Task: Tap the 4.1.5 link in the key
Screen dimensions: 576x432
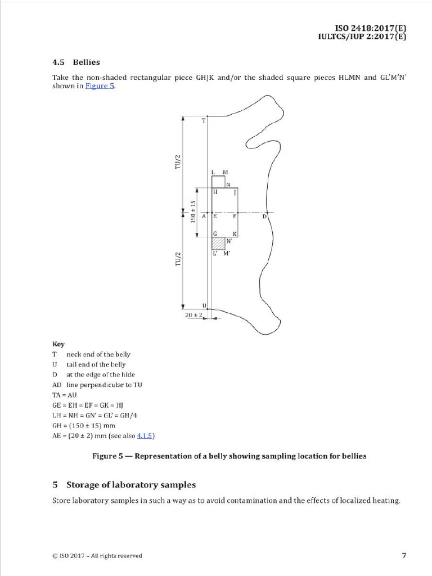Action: (x=146, y=435)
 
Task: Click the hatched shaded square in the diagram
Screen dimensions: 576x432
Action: (x=218, y=244)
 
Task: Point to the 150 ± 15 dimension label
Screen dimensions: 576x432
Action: (x=193, y=211)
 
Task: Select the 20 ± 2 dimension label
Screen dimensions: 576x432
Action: (x=193, y=316)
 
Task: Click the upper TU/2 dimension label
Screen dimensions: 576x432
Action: (x=178, y=161)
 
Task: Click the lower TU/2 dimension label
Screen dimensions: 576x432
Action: (x=178, y=259)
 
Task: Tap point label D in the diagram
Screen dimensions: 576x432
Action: (x=264, y=216)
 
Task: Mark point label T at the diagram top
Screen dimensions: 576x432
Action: (x=204, y=120)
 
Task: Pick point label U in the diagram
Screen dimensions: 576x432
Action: (x=204, y=305)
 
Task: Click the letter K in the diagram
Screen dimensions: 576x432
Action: (x=235, y=233)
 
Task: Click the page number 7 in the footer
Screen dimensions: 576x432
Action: (x=404, y=555)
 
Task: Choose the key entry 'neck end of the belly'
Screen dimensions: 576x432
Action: (x=98, y=354)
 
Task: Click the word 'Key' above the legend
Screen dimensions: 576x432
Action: (x=58, y=344)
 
